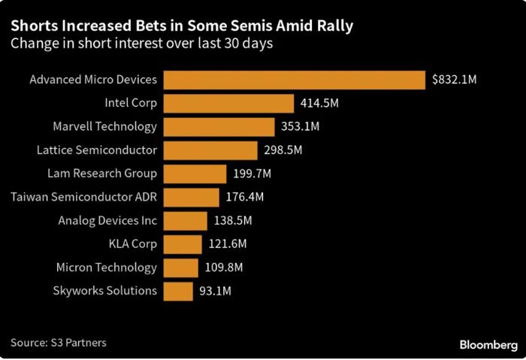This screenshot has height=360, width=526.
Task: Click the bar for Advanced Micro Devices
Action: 295,80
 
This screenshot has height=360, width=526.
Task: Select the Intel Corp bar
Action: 228,103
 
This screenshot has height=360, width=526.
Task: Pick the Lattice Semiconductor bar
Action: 210,150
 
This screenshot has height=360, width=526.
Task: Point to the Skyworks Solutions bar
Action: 178,291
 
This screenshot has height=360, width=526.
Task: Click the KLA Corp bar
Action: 183,244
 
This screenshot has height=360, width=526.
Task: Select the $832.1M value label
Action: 454,80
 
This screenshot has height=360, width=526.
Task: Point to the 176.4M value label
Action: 245,197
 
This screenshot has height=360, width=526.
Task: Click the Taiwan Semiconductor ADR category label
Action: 83,197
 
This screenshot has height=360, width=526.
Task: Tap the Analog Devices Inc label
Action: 107,220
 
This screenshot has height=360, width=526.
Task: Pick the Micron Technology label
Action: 107,268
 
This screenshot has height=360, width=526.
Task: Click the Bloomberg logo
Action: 488,344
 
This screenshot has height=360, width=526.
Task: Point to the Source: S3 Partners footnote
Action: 59,343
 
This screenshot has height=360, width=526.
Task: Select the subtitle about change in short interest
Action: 141,44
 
